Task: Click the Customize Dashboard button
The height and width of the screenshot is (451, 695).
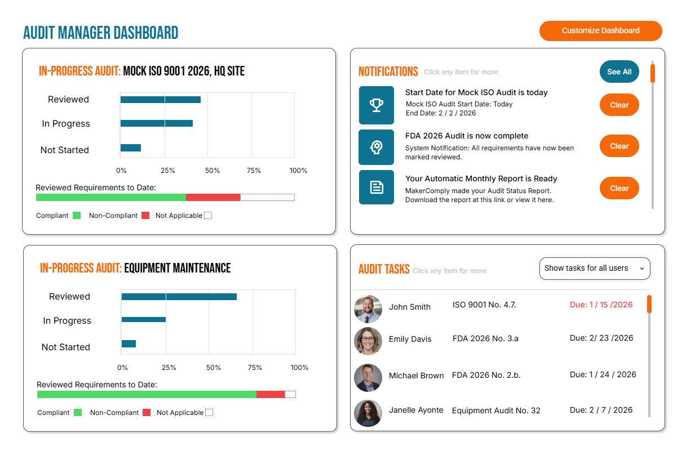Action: pos(600,31)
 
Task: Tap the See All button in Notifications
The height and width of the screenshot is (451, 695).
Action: pos(619,72)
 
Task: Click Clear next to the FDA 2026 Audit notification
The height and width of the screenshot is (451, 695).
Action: pos(619,146)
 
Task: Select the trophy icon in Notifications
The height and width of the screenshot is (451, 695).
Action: pos(376,105)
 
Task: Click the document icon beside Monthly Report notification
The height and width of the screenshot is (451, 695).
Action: pos(376,187)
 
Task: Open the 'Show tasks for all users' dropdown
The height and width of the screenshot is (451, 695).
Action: pos(594,269)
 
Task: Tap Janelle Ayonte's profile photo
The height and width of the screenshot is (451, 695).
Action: pos(368,413)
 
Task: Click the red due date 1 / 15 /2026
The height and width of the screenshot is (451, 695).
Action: pos(601,305)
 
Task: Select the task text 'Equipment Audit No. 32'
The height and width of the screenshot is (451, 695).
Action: pos(496,410)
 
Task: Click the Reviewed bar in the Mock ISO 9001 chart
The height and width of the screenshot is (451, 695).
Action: pos(160,100)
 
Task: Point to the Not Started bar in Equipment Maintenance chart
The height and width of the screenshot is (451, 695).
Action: pos(129,343)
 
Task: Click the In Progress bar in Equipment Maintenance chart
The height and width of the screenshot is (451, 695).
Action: pos(143,319)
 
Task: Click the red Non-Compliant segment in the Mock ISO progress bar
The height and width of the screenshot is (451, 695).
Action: pos(213,197)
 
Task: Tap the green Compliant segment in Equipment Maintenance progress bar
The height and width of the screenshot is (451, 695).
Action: pos(147,394)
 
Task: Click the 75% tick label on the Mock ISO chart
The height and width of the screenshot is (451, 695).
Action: pos(254,171)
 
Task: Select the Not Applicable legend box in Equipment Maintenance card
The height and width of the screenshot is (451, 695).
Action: pos(209,412)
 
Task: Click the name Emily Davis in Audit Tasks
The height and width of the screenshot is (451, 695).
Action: pos(410,339)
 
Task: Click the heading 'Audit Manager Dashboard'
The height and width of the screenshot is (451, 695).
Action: pos(100,33)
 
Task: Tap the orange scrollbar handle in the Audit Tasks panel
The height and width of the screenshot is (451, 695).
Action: pos(649,303)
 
